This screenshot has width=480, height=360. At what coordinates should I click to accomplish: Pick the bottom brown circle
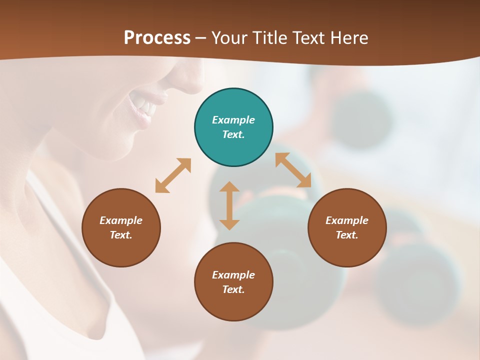233,305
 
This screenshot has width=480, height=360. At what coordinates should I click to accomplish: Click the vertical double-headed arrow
229,205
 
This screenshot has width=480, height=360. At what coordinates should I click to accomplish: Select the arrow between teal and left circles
173,175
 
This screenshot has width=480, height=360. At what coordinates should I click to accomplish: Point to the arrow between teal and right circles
293,170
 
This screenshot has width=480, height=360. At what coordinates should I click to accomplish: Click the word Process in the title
157,38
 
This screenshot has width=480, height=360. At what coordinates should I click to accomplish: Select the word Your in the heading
230,38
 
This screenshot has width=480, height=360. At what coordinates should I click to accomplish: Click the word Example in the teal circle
233,120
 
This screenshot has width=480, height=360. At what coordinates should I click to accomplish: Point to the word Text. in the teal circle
233,134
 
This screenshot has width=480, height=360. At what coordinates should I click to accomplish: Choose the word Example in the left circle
121,220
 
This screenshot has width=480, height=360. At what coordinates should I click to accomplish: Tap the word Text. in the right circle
347,235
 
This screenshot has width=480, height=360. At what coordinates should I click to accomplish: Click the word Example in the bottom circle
233,275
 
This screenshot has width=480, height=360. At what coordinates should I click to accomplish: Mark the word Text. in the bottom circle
233,289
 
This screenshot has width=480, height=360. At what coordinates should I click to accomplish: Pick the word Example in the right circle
347,220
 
